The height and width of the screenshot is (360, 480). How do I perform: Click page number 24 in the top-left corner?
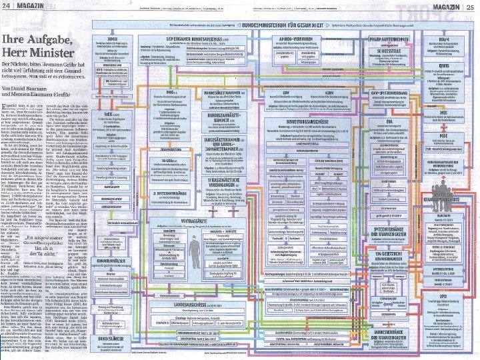click(7, 7)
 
